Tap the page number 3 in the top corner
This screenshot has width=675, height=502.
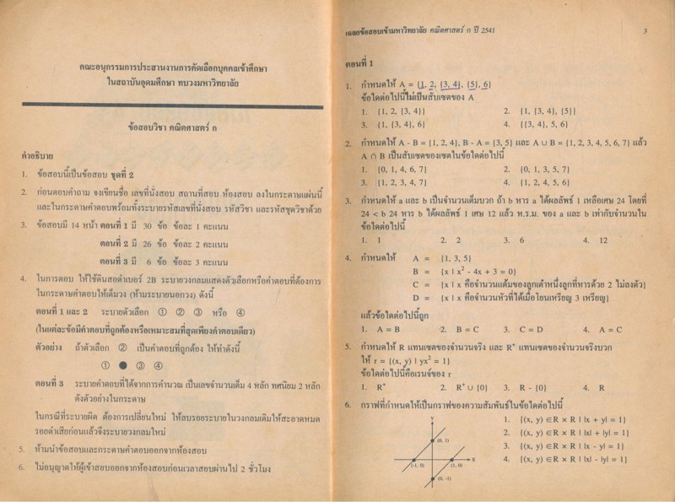[643, 33]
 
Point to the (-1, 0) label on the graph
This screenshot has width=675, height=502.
[417, 465]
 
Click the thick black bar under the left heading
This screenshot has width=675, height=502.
[173, 105]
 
